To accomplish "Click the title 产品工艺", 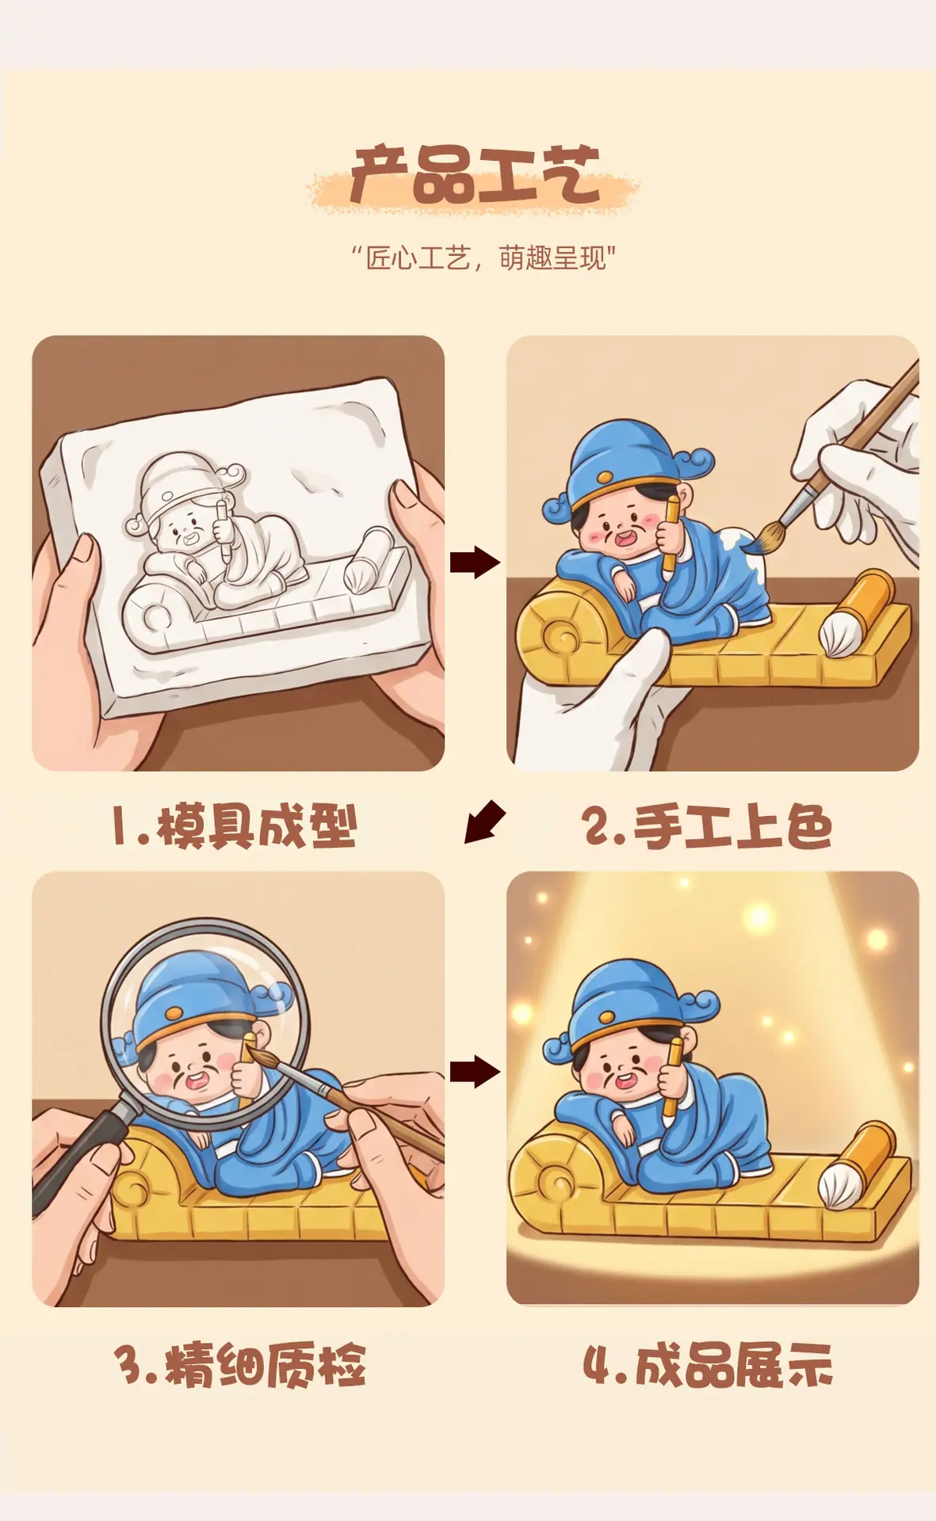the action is (x=474, y=174).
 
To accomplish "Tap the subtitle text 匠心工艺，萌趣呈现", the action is (x=483, y=258).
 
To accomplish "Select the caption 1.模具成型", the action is (x=235, y=827).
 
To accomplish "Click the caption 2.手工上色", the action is (x=707, y=827).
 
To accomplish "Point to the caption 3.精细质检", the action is (x=240, y=1364).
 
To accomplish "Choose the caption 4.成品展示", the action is (x=708, y=1364).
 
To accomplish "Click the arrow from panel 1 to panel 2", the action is (x=475, y=562).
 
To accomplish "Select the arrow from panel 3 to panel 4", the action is (x=475, y=1072).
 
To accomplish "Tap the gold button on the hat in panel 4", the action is (x=607, y=1016).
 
